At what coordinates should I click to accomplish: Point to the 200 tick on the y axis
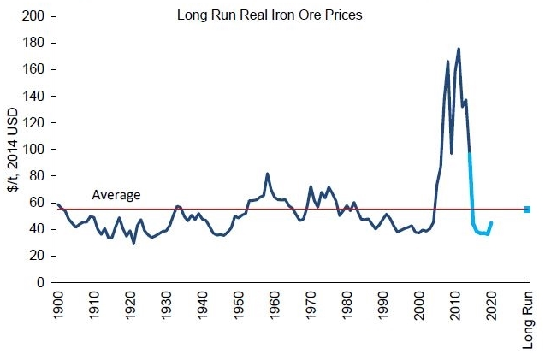pyautogui.click(x=36, y=16)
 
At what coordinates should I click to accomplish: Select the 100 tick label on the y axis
pyautogui.click(x=36, y=149)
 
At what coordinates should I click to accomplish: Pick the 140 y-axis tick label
pyautogui.click(x=36, y=96)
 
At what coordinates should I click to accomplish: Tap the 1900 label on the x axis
pyautogui.click(x=57, y=306)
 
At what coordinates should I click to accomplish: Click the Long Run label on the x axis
pyautogui.click(x=527, y=318)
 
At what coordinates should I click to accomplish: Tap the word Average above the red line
pyautogui.click(x=116, y=195)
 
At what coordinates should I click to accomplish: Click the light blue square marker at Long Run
pyautogui.click(x=527, y=210)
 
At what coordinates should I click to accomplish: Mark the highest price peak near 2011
pyautogui.click(x=459, y=49)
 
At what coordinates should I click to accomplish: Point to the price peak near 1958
pyautogui.click(x=267, y=174)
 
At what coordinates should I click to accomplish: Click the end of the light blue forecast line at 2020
pyautogui.click(x=491, y=223)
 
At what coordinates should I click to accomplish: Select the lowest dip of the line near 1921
pyautogui.click(x=133, y=243)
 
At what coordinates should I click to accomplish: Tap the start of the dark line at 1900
pyautogui.click(x=57, y=204)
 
